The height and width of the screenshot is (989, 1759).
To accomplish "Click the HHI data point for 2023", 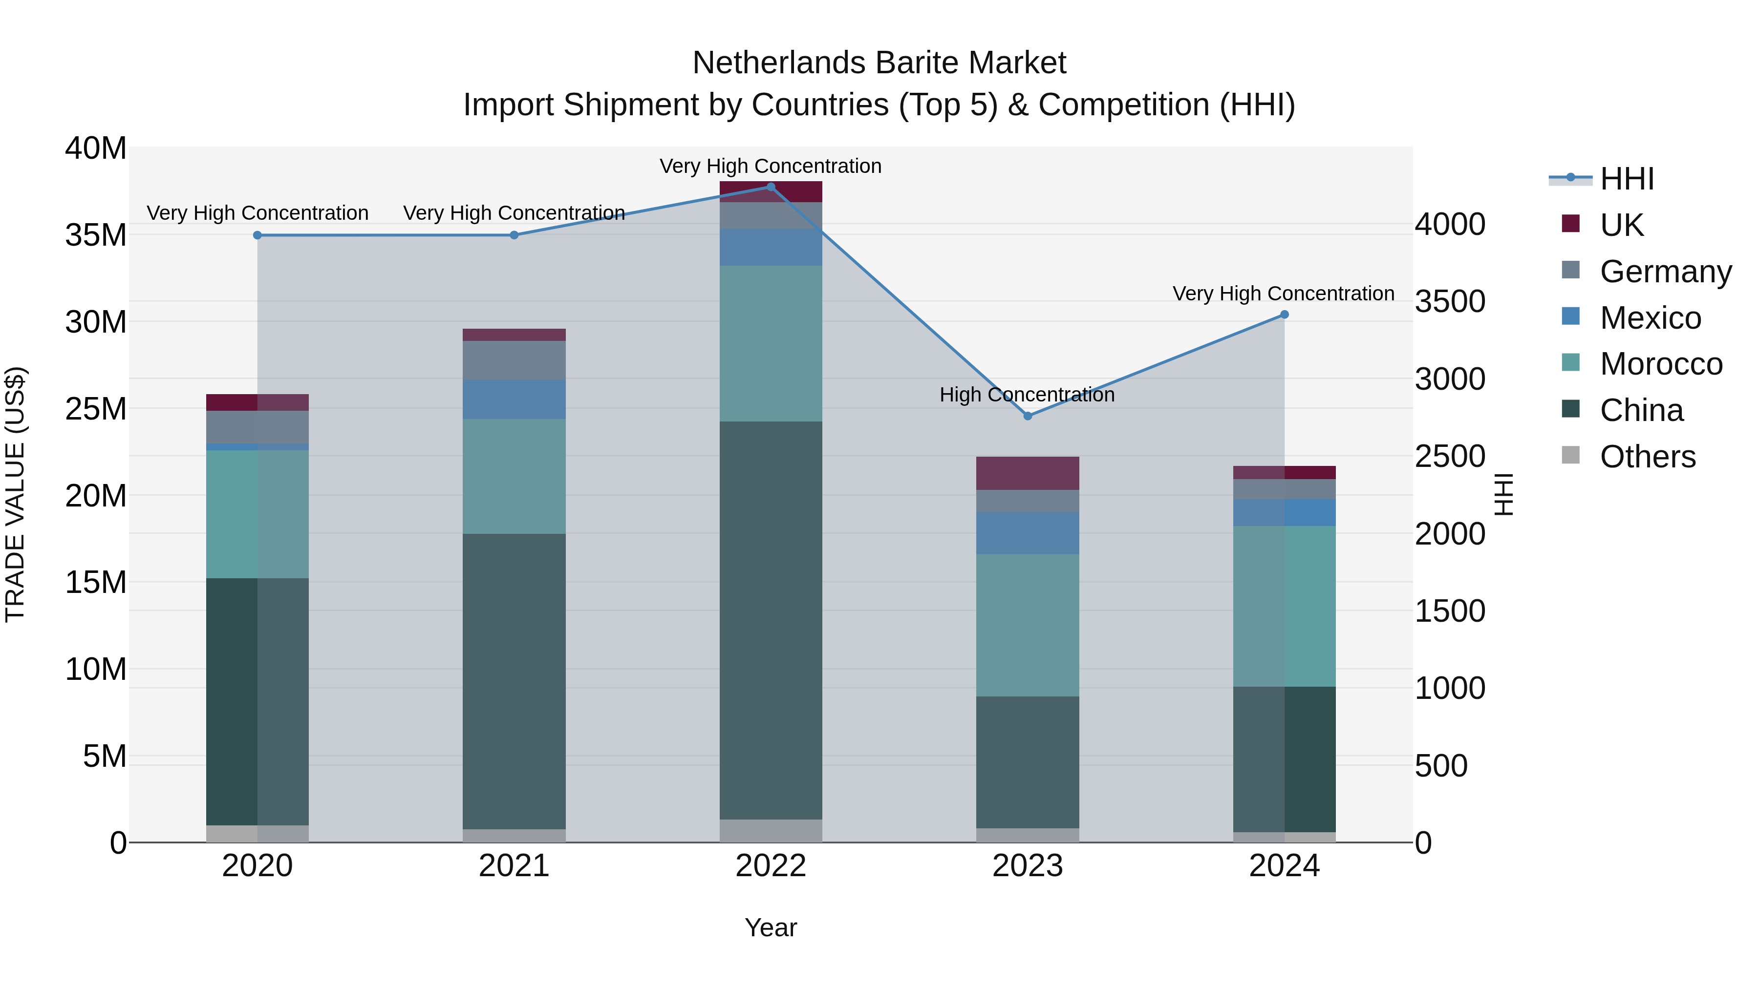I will pos(1028,416).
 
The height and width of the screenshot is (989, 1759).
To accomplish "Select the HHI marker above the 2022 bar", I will pos(771,187).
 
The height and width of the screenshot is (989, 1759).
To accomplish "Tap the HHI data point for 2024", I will pos(1285,315).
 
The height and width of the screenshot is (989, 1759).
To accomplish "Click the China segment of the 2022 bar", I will pos(771,620).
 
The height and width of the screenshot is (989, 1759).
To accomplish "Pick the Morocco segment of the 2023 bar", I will pos(1028,625).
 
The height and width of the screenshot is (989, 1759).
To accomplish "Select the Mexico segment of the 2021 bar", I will pos(514,400).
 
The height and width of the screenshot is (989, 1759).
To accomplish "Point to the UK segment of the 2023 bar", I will pos(1028,473).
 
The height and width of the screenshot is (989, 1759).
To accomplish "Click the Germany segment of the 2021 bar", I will pos(514,359).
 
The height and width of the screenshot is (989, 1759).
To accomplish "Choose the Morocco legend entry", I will pos(1661,364).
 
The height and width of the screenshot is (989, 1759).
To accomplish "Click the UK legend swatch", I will pos(1570,224).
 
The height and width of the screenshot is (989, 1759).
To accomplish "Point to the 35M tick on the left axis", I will pos(96,235).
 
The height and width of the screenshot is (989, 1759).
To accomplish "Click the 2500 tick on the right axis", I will pos(1450,456).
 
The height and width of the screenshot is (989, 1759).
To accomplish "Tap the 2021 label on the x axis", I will pos(514,866).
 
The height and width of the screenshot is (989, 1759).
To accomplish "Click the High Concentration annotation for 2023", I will pos(1027,395).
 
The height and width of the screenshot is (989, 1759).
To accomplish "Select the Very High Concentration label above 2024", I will pos(1283,294).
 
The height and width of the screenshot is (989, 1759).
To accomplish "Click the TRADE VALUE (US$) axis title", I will pos(15,494).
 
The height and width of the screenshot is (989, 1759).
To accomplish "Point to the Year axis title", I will pos(771,927).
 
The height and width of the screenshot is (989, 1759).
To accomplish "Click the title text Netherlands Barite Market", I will pos(879,63).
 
